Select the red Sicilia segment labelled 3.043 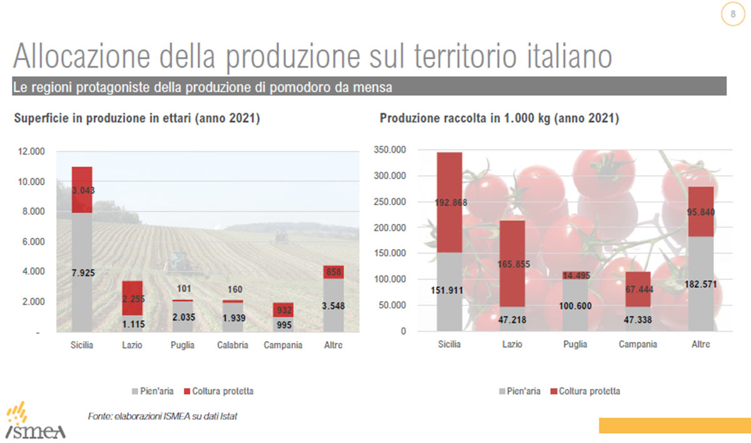coord(82,190)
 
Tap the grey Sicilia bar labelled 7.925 coord(82,273)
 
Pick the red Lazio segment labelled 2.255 coord(132,298)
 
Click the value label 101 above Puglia coord(182,289)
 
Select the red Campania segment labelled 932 coord(283,310)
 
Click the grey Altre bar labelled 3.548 coord(333,305)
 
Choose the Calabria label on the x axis coord(232,345)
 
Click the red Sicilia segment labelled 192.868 coord(449,202)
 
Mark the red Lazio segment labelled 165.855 coord(512,263)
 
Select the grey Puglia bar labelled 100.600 coord(575,305)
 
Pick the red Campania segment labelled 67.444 coord(637,289)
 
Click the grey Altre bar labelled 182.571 coord(700,284)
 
